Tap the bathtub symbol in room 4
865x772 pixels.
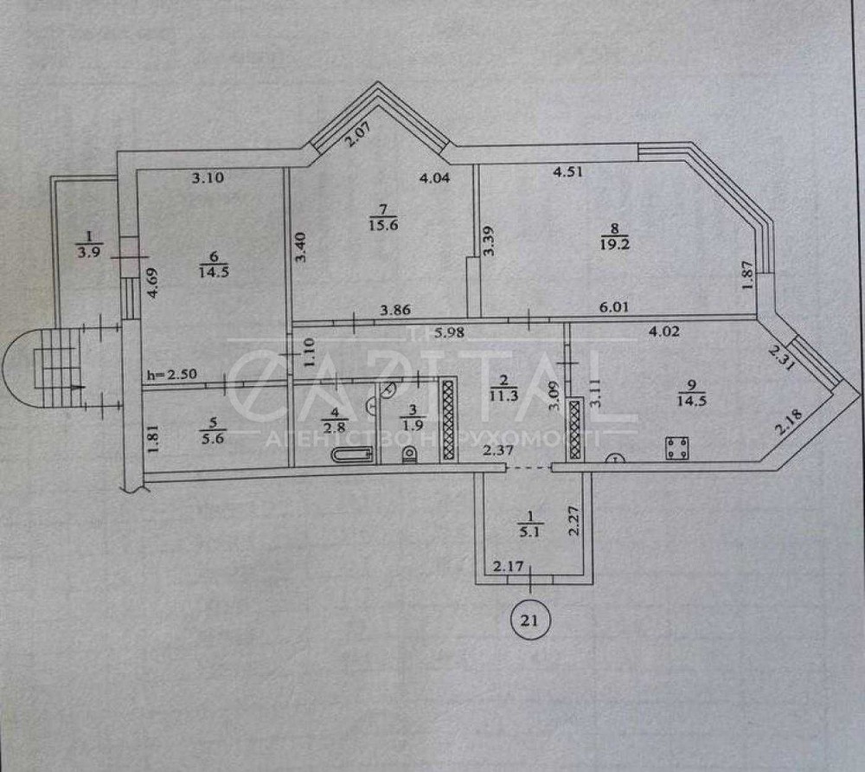click(x=353, y=455)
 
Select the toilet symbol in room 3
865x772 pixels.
click(x=409, y=454)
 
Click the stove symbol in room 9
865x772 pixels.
click(x=676, y=447)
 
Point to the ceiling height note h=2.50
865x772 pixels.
click(x=171, y=375)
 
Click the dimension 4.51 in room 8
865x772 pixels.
click(x=567, y=171)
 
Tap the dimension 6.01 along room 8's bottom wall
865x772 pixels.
click(x=613, y=307)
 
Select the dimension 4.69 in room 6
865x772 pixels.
click(x=154, y=284)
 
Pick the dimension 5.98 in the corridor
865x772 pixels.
click(x=449, y=332)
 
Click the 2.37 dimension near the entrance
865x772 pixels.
click(x=498, y=450)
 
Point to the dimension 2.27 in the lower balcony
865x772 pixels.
click(x=573, y=521)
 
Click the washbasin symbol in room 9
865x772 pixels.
click(x=615, y=458)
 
